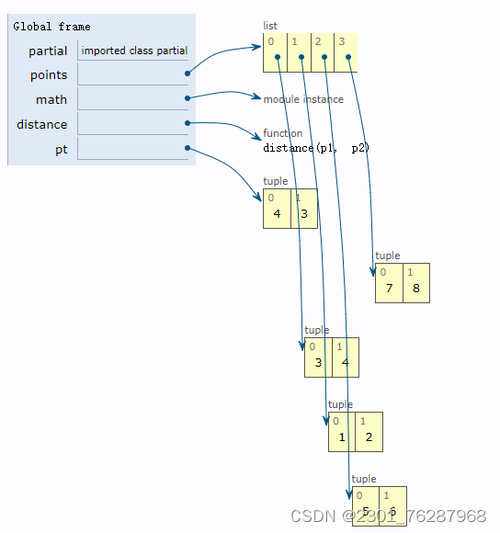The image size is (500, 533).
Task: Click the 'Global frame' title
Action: pos(51,27)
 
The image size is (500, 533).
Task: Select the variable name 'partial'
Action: pos(48,51)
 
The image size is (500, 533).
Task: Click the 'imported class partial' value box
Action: pos(134,51)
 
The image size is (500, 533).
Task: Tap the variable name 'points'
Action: pos(49,75)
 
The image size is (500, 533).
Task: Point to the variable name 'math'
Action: pos(51,99)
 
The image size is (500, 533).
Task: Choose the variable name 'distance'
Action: pos(42,124)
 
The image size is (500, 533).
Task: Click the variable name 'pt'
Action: pos(61,149)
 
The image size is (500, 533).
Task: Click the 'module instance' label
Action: pos(303,99)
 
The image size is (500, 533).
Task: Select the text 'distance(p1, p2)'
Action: pos(315,147)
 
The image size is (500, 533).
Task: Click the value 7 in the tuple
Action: pos(389,289)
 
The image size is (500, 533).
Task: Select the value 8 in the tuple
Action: pos(415,289)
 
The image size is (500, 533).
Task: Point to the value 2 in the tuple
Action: pos(369,437)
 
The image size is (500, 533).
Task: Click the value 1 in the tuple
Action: pos(342,437)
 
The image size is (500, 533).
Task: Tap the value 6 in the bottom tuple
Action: pos(392,511)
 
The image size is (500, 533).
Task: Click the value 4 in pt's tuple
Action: pos(277,214)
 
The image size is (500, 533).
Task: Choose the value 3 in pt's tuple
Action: pos(303,214)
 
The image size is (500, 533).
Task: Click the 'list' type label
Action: pos(270,26)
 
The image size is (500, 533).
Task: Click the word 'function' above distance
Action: pos(282,133)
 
